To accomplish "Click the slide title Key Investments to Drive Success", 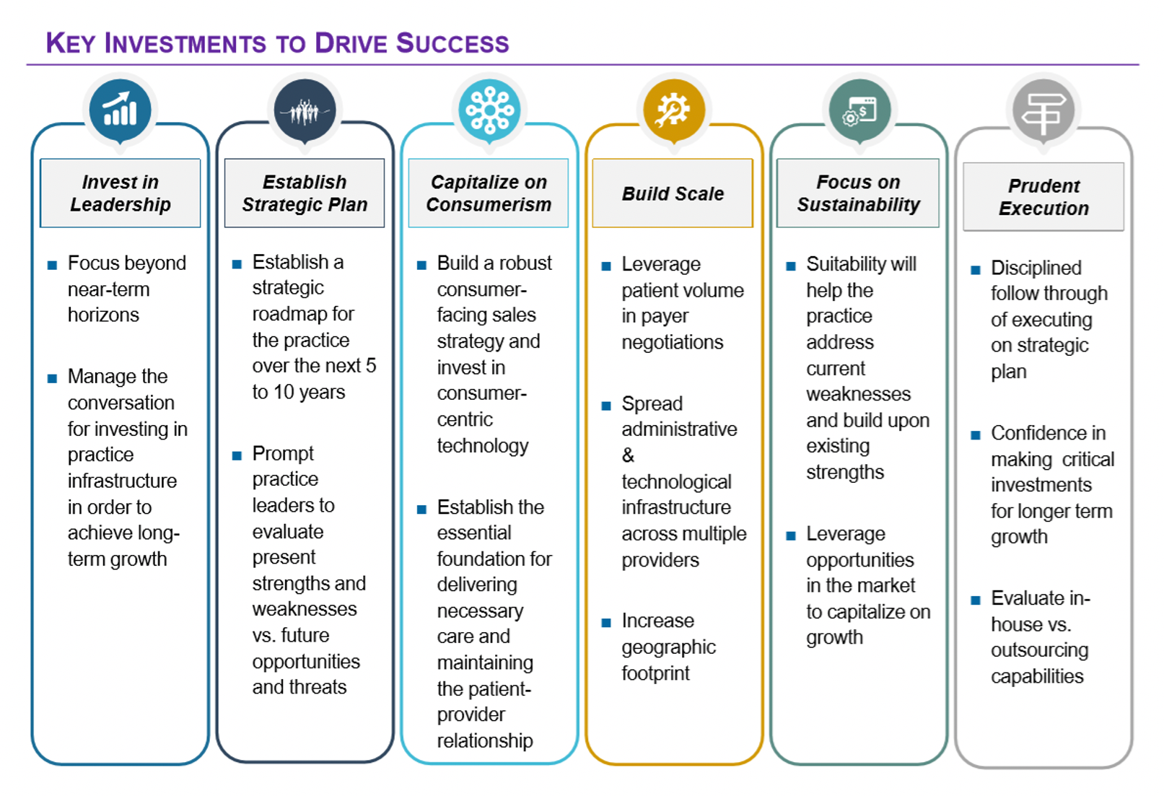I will point(277,43).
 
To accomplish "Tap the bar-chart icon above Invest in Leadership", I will point(120,110).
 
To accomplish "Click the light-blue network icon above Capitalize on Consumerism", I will point(489,110).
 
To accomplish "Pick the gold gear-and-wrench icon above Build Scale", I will point(673,110).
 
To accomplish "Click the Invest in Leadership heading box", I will point(121,193).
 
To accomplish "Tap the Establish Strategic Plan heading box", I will point(305,193).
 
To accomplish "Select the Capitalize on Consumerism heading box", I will point(489,193).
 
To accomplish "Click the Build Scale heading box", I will point(673,193).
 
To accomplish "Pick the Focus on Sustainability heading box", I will point(858,193).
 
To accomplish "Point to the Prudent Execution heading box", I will point(1043,197).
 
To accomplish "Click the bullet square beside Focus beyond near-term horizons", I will point(52,265).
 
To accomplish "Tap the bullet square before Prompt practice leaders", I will point(237,455).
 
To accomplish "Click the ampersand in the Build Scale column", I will point(628,455).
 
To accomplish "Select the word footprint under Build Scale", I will point(655,673).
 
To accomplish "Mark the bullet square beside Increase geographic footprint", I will point(606,622).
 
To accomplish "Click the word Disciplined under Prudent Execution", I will point(1036,268).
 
